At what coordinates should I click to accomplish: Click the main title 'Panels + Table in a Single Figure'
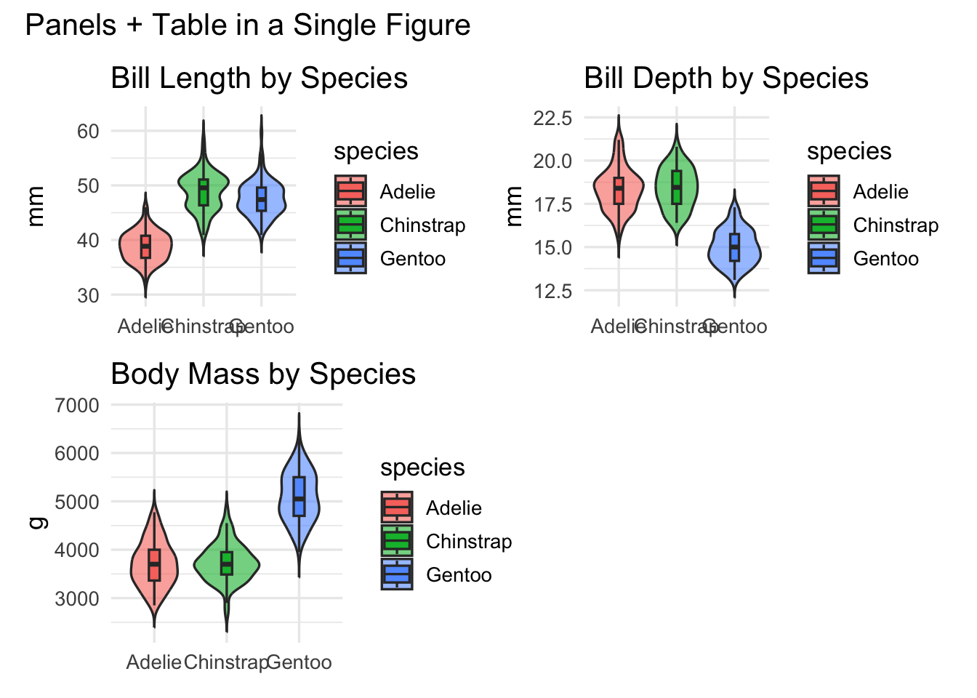pyautogui.click(x=248, y=25)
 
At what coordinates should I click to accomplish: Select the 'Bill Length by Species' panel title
pyautogui.click(x=259, y=79)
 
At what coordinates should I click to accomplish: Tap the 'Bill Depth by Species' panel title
pyautogui.click(x=726, y=79)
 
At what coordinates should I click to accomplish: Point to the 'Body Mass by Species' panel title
pyautogui.click(x=263, y=374)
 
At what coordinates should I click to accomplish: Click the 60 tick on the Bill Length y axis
pyautogui.click(x=88, y=131)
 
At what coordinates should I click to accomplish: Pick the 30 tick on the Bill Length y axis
pyautogui.click(x=88, y=295)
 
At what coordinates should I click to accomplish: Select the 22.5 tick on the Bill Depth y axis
pyautogui.click(x=552, y=118)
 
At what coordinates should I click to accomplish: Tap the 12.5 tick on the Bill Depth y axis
pyautogui.click(x=552, y=292)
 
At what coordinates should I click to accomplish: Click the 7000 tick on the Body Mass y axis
pyautogui.click(x=77, y=406)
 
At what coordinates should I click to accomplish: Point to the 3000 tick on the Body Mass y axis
pyautogui.click(x=77, y=599)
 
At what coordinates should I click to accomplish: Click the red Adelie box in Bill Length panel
pyautogui.click(x=145, y=246)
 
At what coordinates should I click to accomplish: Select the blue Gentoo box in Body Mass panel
pyautogui.click(x=299, y=497)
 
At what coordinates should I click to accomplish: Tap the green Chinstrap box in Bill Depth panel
pyautogui.click(x=677, y=188)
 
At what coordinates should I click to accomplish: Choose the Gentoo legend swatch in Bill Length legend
pyautogui.click(x=350, y=259)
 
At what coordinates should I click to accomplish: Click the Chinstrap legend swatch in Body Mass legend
pyautogui.click(x=397, y=542)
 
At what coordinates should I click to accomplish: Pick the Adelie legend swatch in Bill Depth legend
pyautogui.click(x=824, y=192)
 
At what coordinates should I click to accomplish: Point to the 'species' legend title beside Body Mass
pyautogui.click(x=422, y=468)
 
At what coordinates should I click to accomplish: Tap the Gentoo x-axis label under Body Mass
pyautogui.click(x=299, y=663)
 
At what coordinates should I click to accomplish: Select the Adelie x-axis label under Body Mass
pyautogui.click(x=154, y=663)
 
